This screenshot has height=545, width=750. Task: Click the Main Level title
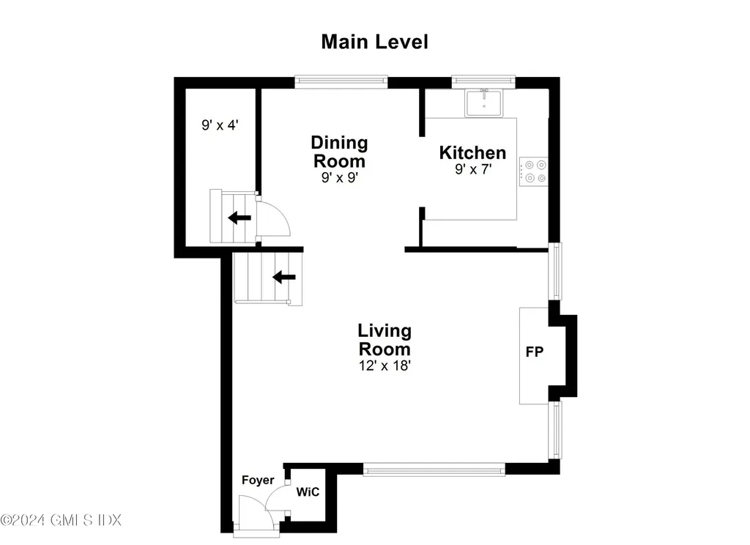[374, 42]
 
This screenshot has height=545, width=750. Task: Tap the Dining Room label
[338, 152]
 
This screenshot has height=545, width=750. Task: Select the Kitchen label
[472, 152]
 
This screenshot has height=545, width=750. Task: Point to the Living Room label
[384, 340]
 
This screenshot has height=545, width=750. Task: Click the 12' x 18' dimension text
[384, 365]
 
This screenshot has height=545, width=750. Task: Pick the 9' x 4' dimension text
[220, 125]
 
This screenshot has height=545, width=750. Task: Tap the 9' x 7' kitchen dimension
[472, 170]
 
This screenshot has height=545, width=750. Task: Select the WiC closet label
[308, 492]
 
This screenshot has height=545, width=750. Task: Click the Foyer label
[258, 481]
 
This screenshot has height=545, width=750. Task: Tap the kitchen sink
[484, 103]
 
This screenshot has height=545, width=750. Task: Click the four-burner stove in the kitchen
[533, 171]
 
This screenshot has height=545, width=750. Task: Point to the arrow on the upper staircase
[238, 217]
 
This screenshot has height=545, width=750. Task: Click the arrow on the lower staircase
[284, 277]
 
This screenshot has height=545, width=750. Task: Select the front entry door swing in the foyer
[256, 510]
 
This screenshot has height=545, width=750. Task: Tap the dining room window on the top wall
[341, 82]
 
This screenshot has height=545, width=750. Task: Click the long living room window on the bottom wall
[434, 468]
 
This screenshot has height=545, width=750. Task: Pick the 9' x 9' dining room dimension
[338, 177]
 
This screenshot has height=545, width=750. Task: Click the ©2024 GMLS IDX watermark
[61, 520]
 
